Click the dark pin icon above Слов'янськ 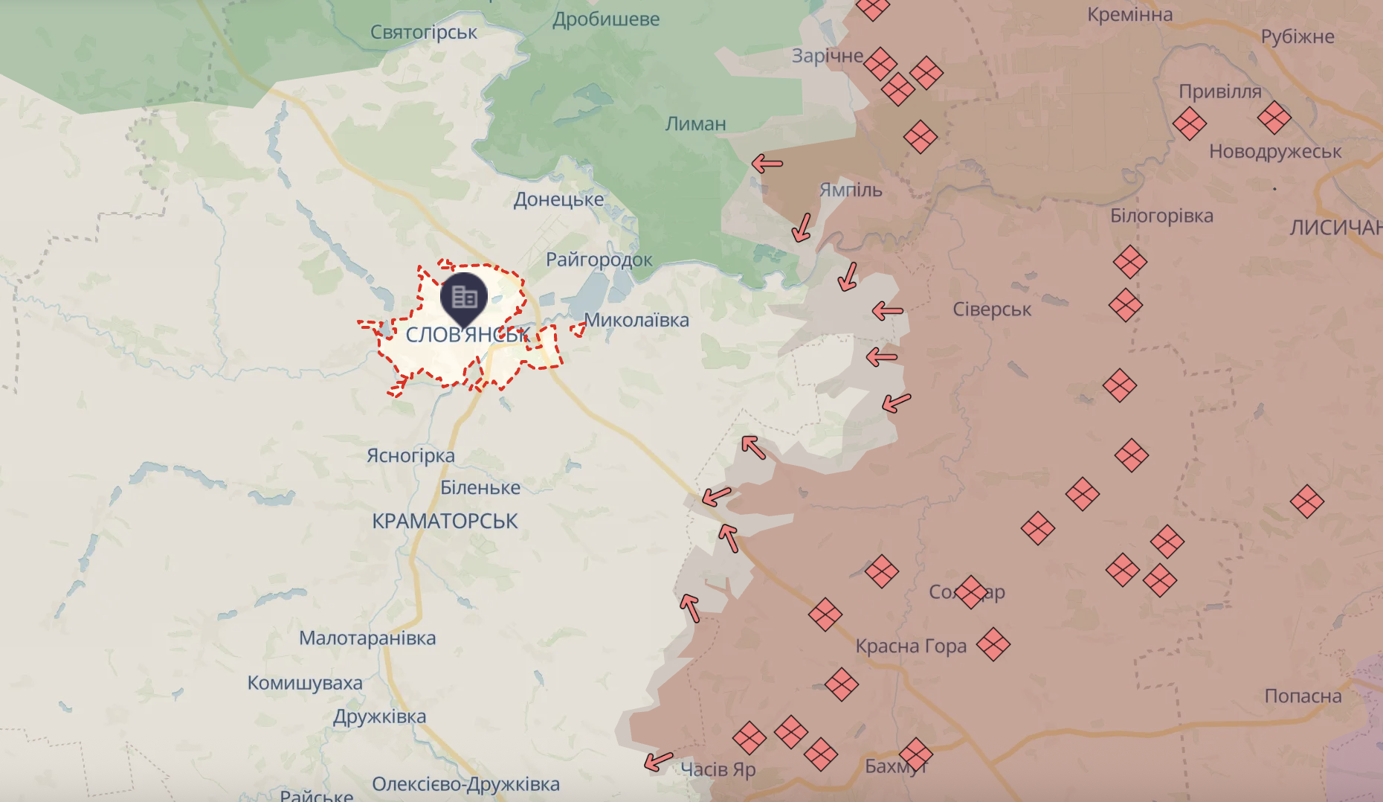point(464,298)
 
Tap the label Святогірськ point(424,33)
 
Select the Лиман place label point(695,124)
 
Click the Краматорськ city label point(445,522)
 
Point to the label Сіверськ point(992,309)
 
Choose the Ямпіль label point(851,190)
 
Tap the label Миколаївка point(636,321)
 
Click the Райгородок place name point(599,260)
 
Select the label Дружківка point(379,717)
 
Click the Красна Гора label point(911,647)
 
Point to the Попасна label point(1303,696)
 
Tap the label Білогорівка point(1161,216)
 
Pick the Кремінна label point(1129,15)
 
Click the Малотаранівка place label point(367,638)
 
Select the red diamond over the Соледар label point(970,592)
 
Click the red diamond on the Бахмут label point(915,754)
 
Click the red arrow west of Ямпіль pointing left point(767,164)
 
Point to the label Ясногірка point(410,456)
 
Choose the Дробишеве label point(606,20)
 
